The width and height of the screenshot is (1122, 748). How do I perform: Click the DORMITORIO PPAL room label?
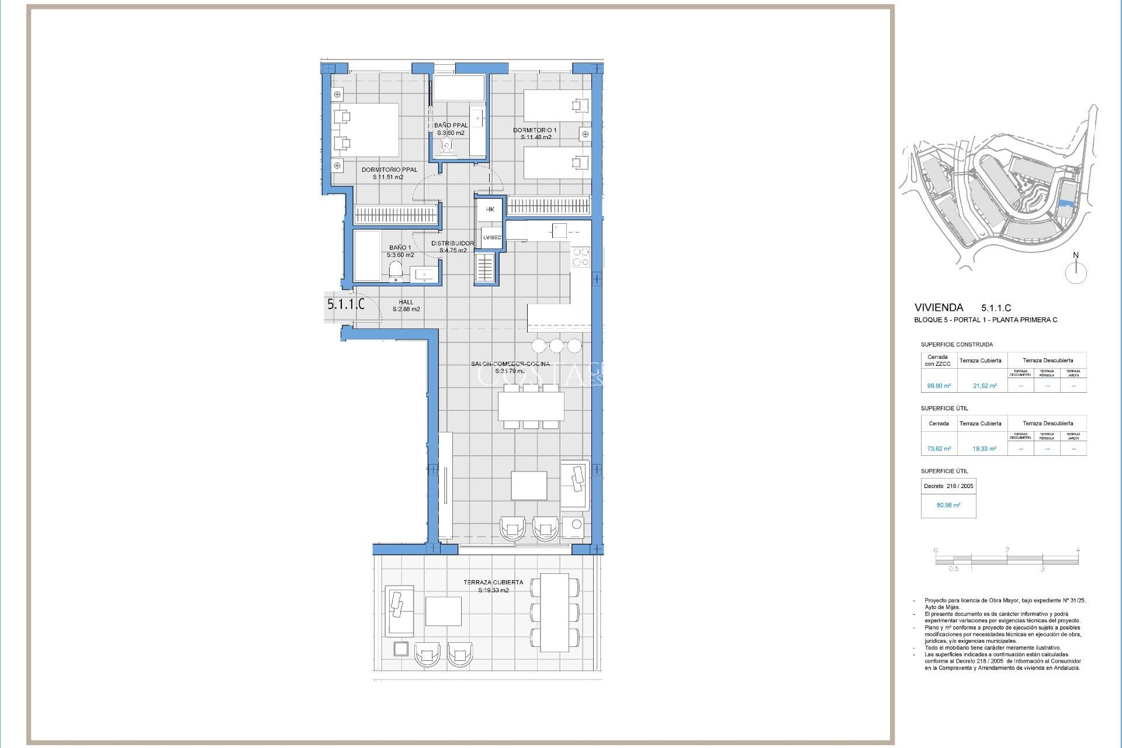pos(389,170)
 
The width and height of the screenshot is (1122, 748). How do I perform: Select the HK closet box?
pos(490,209)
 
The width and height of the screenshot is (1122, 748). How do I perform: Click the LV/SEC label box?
pos(491,238)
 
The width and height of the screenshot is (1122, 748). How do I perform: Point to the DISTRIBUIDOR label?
pos(452,243)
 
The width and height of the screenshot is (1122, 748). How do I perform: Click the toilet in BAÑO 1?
pos(396,270)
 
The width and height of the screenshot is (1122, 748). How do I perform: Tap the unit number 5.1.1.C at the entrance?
pos(345,304)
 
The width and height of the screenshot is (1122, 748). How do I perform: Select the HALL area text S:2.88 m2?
pos(406,310)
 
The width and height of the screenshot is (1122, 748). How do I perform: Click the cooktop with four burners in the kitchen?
pos(580,257)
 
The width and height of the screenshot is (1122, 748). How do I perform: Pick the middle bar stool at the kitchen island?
pos(556,345)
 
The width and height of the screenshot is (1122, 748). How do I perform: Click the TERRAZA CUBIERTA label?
pos(493,583)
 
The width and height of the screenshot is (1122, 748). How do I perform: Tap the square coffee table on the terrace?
pos(443,611)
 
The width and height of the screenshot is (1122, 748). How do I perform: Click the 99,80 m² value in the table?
pos(939,386)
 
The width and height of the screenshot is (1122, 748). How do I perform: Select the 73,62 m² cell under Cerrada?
pos(939,449)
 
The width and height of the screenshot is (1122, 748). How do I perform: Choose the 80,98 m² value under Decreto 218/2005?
pos(948,505)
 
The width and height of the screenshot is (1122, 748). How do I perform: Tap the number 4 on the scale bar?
pos(1078,550)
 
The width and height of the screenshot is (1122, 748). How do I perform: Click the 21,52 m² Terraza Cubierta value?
pos(984,386)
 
